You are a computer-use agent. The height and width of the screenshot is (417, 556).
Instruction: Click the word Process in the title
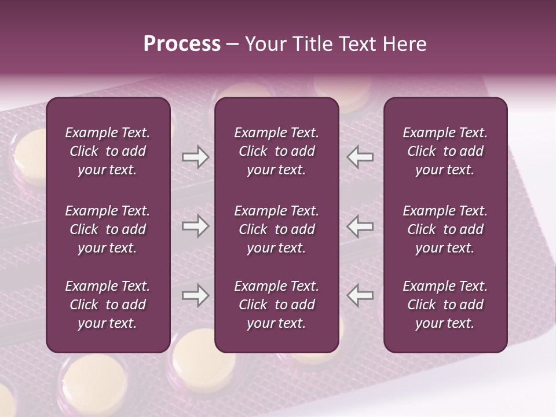coord(182,44)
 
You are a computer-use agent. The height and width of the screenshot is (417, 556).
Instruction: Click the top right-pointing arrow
coord(195,157)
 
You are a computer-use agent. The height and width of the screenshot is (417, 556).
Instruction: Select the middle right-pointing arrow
coord(195,226)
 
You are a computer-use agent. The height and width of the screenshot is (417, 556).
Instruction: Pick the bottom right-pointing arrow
coord(195,295)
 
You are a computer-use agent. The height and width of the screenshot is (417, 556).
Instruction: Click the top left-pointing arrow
coord(360,157)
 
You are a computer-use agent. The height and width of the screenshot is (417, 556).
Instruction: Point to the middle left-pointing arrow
coord(360,226)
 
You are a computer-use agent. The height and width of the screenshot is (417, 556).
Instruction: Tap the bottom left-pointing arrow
coord(360,295)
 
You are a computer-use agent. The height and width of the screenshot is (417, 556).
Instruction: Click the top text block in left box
coord(108,151)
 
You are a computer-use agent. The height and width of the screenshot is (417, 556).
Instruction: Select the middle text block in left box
coord(108,229)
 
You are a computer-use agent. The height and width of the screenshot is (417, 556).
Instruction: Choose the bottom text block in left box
coord(108,305)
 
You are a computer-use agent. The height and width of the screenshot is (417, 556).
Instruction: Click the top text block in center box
coord(276,151)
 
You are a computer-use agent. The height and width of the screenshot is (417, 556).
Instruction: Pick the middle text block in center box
coord(276,229)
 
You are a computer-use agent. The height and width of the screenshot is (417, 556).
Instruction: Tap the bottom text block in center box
coord(276,305)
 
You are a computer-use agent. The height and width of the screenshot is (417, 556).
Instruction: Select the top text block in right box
coord(445,151)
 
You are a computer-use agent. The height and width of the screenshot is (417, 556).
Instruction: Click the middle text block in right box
coord(445,229)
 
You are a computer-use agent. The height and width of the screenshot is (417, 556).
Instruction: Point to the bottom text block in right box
coord(445,305)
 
